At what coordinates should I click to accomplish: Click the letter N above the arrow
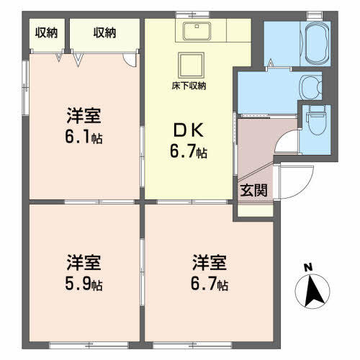point(309,268)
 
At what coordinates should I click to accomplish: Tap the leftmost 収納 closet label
point(47,32)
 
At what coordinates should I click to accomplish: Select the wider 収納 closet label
point(104,32)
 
